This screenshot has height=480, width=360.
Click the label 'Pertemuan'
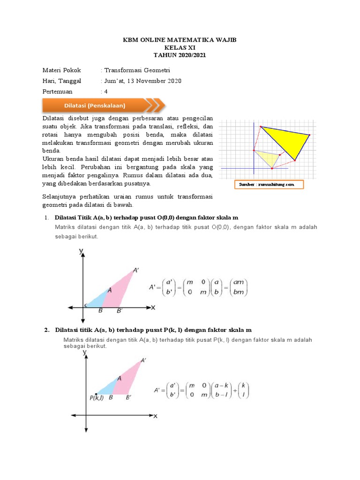coord(60,92)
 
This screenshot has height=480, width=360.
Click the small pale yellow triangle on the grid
coord(268,158)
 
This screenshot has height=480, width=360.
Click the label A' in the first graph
coord(136,270)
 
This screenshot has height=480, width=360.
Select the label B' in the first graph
coord(120,311)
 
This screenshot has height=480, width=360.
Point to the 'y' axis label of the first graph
coord(81,252)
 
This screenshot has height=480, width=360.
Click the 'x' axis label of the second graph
coord(155,416)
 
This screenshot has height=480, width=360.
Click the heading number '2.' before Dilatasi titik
coord(47,330)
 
